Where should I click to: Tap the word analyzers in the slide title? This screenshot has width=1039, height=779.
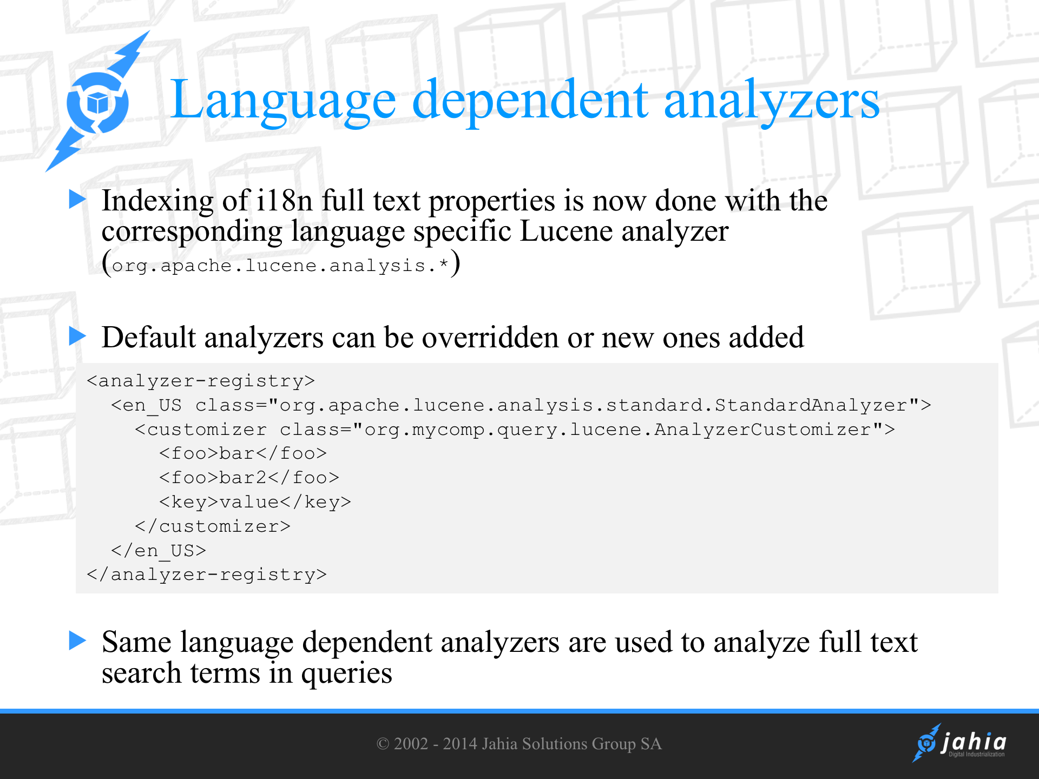coord(772,101)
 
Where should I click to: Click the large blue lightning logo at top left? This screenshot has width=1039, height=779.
coord(97,102)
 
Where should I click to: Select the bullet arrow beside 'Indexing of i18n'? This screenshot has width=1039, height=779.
coord(77,199)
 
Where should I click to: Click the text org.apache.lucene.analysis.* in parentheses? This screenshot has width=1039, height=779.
coord(280,266)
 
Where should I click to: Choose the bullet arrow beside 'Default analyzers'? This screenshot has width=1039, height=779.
coord(77,336)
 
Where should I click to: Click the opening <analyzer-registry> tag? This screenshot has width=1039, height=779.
coord(201,381)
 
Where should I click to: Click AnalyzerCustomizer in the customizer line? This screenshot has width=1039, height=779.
coord(762,430)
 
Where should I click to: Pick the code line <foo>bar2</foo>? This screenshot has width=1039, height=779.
coord(249,478)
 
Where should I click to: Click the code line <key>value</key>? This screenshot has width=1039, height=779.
coord(255,502)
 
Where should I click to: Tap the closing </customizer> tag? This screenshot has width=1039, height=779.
coord(213,526)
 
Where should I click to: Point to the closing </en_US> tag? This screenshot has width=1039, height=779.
coord(159,551)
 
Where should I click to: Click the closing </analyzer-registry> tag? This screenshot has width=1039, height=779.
coord(207,575)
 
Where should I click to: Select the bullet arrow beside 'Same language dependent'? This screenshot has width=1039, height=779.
coord(77,641)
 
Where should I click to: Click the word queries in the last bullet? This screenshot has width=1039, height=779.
coord(346,674)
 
